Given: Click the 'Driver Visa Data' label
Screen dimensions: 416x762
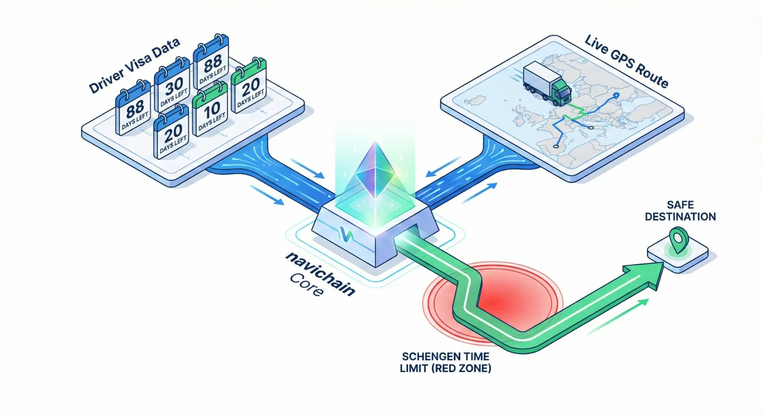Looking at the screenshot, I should (x=134, y=66).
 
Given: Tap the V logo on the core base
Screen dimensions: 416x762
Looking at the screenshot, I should (x=346, y=235).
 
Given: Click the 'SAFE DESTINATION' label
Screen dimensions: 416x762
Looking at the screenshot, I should (x=680, y=211).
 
